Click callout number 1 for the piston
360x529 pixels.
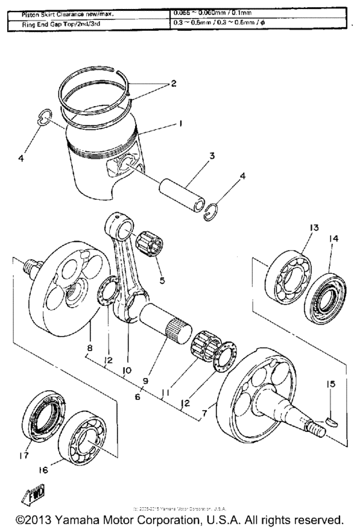(x=182, y=122)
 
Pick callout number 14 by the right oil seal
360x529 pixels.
(x=334, y=238)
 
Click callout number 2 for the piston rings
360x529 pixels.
(x=172, y=84)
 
